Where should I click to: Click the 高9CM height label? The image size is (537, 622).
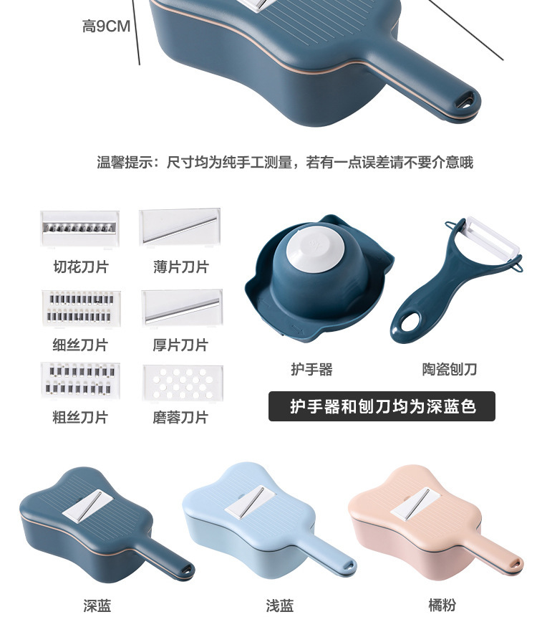(106, 27)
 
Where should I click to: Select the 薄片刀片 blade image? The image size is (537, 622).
(180, 227)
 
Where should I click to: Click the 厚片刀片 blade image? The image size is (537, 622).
(181, 307)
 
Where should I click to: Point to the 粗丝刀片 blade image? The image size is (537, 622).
(80, 381)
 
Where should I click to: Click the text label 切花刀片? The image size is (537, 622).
(80, 267)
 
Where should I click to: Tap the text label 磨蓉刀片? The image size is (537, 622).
(180, 417)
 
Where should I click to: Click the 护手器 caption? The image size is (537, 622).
(311, 370)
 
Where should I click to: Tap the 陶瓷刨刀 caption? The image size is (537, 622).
(450, 370)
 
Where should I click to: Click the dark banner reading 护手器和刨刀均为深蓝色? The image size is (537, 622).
(382, 406)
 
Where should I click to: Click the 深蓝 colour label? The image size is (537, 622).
(97, 606)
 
